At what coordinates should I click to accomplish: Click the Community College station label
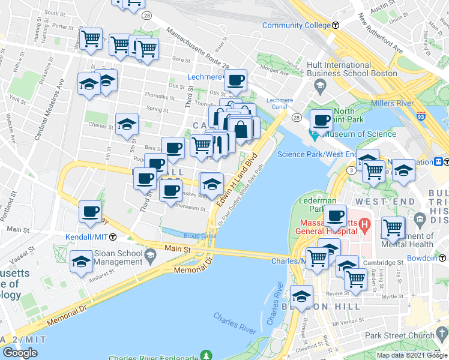tap(297, 25)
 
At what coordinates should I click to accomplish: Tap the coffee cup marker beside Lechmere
tap(236, 80)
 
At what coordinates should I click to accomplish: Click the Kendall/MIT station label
tap(87, 238)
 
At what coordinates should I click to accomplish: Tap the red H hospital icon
tap(363, 226)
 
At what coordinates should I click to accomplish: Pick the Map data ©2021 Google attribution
tap(411, 355)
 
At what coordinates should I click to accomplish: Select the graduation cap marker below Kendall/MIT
tap(82, 261)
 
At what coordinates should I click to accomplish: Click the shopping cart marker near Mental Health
tap(393, 227)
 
